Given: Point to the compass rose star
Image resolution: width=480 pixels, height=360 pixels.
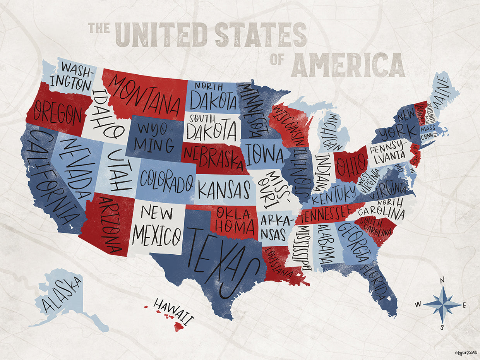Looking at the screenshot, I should pos(442,305).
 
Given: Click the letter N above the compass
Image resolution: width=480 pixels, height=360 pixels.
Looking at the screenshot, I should pos(442,281).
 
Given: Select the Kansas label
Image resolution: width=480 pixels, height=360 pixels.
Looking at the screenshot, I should pos(224,190).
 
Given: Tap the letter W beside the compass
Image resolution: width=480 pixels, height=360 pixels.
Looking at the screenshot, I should pos(418,305).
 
